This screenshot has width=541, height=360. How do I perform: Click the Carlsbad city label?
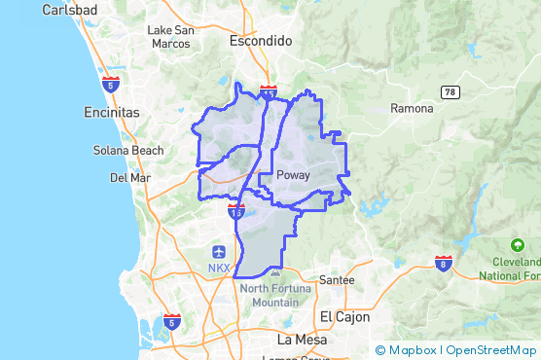point(67,10)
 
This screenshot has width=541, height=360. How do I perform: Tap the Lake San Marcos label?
point(171,36)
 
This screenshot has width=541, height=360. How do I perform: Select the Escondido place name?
point(260,42)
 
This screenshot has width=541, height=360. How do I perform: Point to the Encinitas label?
point(112,113)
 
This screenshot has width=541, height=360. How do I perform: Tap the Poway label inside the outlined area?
point(293,175)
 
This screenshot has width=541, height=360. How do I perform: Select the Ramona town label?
point(412,108)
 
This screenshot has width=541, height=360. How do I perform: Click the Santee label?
point(337,280)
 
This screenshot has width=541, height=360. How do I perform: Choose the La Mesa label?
point(300,340)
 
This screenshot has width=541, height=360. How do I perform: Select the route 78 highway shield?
point(449,91)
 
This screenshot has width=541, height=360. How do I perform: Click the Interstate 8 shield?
point(444,264)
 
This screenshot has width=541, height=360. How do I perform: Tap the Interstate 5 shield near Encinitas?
point(111,84)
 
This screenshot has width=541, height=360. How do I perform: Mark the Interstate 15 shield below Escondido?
point(269,91)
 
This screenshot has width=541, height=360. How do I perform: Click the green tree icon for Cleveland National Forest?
point(517,246)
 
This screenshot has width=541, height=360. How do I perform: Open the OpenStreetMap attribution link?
point(492,350)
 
